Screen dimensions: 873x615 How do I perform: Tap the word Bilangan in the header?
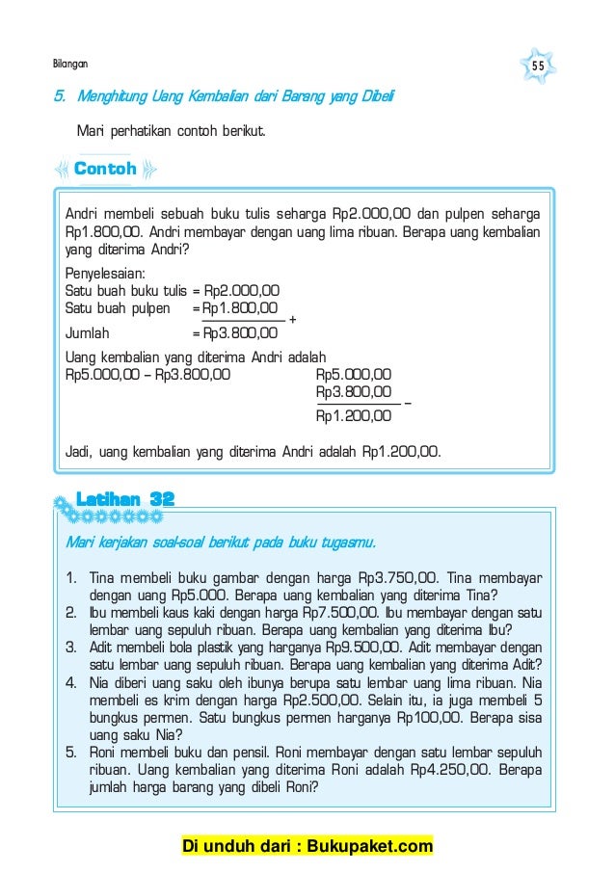tap(69, 64)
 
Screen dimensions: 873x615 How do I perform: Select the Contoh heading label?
tap(105, 170)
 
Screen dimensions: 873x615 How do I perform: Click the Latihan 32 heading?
tap(125, 498)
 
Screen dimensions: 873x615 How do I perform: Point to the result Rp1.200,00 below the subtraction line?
tap(354, 416)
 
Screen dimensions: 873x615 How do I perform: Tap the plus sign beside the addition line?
tap(292, 319)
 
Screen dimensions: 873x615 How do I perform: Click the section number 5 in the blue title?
tap(58, 97)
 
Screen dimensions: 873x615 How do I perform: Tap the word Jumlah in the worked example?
tap(87, 333)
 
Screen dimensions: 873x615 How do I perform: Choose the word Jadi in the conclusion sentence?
tap(78, 449)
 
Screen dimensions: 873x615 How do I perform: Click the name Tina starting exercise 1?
tap(102, 579)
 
